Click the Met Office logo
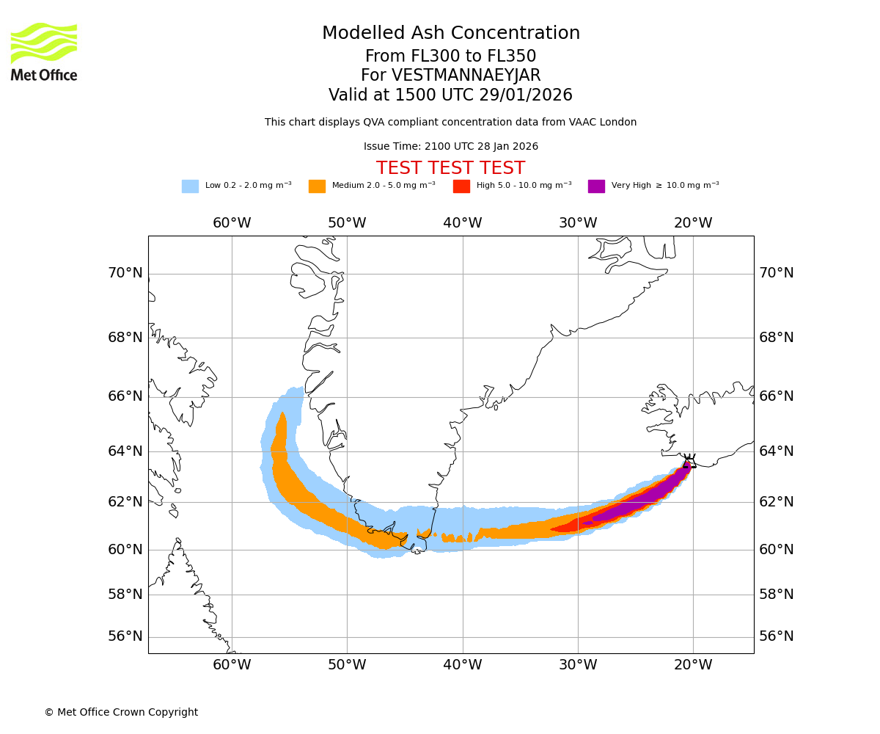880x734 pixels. [x=44, y=51]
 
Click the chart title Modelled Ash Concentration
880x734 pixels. [x=450, y=33]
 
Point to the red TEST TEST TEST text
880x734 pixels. [x=450, y=168]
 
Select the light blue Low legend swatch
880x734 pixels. [x=190, y=186]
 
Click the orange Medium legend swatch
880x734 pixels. [x=317, y=186]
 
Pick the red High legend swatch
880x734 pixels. [x=461, y=186]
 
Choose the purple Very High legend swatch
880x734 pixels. [x=596, y=186]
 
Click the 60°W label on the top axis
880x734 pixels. [x=232, y=223]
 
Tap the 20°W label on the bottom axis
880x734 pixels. [x=693, y=665]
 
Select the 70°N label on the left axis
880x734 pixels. [x=125, y=273]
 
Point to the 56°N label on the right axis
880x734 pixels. [x=777, y=636]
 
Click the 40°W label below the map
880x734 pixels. [x=463, y=665]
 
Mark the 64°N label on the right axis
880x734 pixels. [x=777, y=451]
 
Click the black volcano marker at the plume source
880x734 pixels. [x=689, y=462]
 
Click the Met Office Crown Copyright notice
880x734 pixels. [x=121, y=712]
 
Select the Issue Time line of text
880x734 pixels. [x=450, y=147]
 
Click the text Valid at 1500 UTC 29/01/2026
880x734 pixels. [x=450, y=95]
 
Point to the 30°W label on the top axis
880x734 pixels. [x=578, y=223]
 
